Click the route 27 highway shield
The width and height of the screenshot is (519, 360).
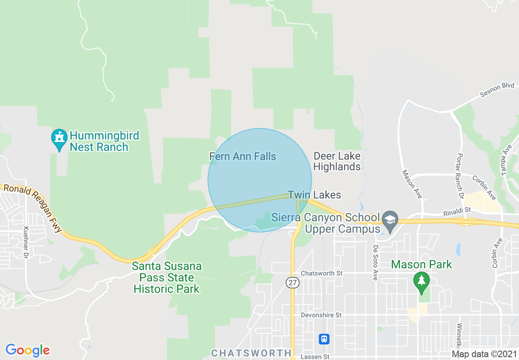[x=293, y=283]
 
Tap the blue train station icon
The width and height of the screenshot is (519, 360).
[x=324, y=339]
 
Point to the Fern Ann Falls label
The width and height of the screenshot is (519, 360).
[x=243, y=156]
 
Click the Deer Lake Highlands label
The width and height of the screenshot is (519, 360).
[x=337, y=161]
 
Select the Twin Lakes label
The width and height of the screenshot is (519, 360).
[x=314, y=195]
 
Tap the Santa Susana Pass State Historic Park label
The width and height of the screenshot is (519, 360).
[x=167, y=278]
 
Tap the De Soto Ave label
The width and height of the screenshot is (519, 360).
[x=375, y=262]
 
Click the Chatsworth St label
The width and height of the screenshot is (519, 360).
[x=321, y=273]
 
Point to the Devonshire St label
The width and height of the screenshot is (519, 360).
[x=321, y=315]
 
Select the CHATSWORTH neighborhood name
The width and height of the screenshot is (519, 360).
[x=251, y=353]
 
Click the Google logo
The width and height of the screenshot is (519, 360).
[x=27, y=350]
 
